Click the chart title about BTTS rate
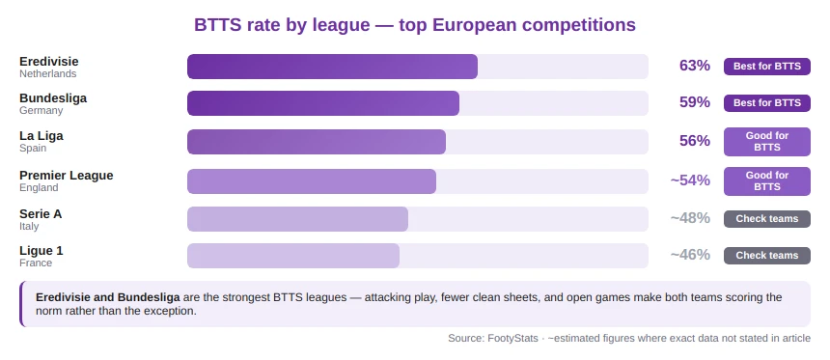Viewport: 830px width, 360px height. coord(415,24)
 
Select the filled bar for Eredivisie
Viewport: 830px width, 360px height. coord(332,67)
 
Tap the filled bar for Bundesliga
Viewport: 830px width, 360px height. coord(323,103)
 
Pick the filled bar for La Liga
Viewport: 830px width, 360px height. coord(317,142)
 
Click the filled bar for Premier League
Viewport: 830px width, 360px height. coord(312,181)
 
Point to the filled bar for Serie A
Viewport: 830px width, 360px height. coord(297,219)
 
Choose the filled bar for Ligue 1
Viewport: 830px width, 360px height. coord(293,256)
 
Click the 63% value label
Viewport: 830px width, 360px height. coord(694,66)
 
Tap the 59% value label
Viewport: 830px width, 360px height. coord(694,102)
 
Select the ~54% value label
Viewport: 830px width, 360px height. coord(690,180)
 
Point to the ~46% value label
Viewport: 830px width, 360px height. coord(690,256)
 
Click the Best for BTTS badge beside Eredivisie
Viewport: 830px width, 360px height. coord(766,66)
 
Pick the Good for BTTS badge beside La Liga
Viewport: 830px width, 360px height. coord(766,142)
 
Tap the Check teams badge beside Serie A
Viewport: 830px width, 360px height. coord(766,219)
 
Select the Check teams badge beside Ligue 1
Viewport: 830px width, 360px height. coord(766,256)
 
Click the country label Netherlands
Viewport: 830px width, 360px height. coord(47,73)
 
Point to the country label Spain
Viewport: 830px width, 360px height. coord(34,149)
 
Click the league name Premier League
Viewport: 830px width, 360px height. coord(67,175)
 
